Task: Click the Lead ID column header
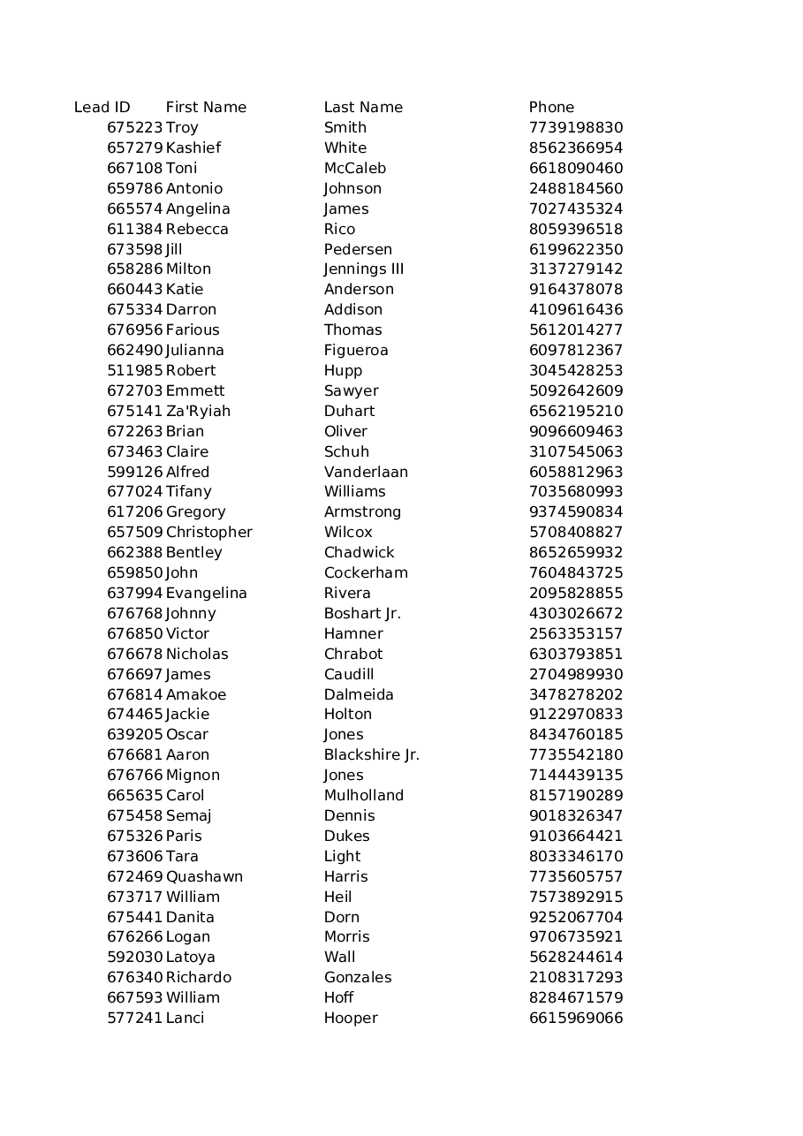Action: [102, 107]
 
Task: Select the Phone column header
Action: [551, 107]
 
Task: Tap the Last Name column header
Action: [363, 107]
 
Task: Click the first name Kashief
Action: [193, 148]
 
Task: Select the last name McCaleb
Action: [354, 168]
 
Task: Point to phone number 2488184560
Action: [576, 188]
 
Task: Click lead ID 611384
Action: [134, 229]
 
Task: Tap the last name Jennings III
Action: [363, 269]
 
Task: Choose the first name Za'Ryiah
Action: [198, 411]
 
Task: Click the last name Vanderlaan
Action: [366, 472]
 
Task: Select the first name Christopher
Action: [208, 532]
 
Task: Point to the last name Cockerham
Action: [366, 572]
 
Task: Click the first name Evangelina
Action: [206, 593]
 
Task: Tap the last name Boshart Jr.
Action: [362, 613]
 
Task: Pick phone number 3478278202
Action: [576, 694]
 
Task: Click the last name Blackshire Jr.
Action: [371, 754]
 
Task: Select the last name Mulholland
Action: [363, 795]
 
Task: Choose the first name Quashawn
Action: [204, 876]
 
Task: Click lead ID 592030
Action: [134, 957]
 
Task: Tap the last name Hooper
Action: [351, 1018]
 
